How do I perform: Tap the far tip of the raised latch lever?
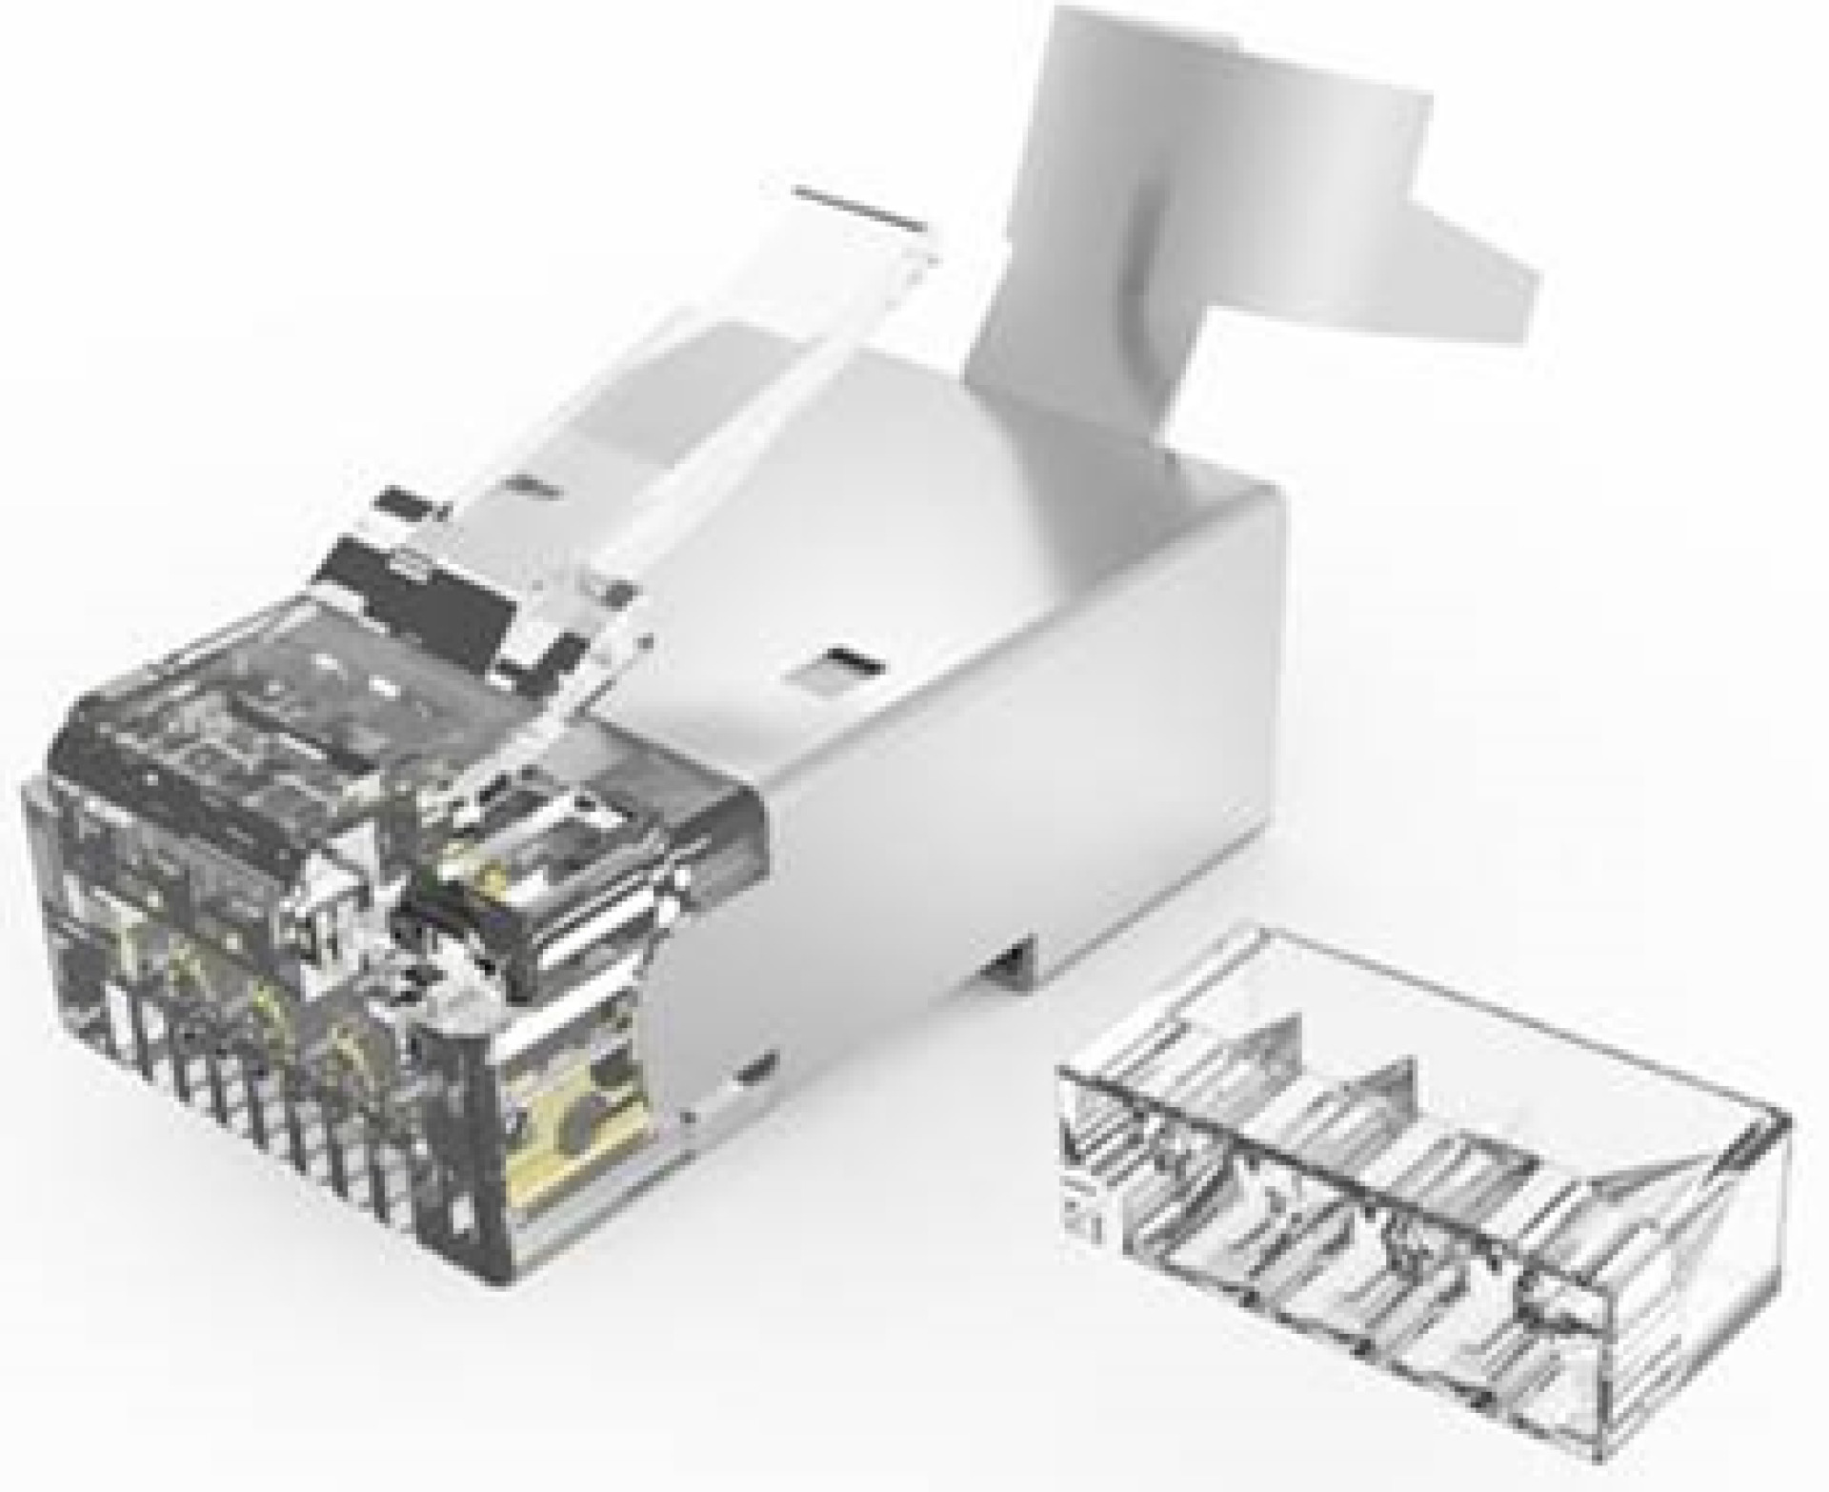point(857,205)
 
